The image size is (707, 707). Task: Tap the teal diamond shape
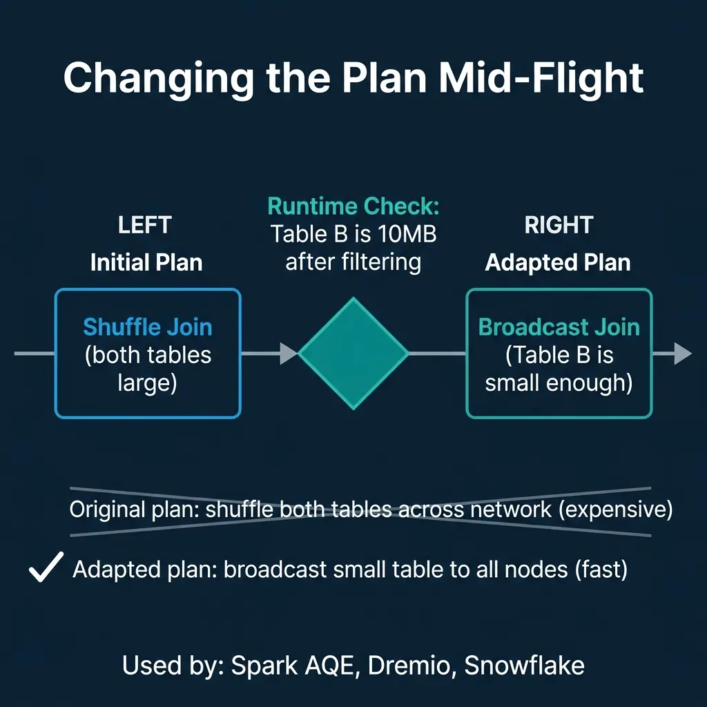click(353, 353)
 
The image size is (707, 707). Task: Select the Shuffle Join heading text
click(147, 327)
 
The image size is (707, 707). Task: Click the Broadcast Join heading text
click(559, 327)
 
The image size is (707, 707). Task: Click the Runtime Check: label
click(353, 206)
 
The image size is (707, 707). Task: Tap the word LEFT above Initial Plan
click(145, 226)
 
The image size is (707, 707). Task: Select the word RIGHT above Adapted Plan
click(559, 226)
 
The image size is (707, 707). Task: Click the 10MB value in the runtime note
click(406, 234)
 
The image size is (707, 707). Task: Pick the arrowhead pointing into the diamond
click(288, 354)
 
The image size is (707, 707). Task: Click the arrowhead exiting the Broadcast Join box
click(681, 353)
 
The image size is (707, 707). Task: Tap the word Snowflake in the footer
click(524, 666)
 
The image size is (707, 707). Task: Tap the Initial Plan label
click(146, 263)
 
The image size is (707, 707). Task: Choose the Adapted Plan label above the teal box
click(558, 263)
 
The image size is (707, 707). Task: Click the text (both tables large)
click(147, 368)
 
